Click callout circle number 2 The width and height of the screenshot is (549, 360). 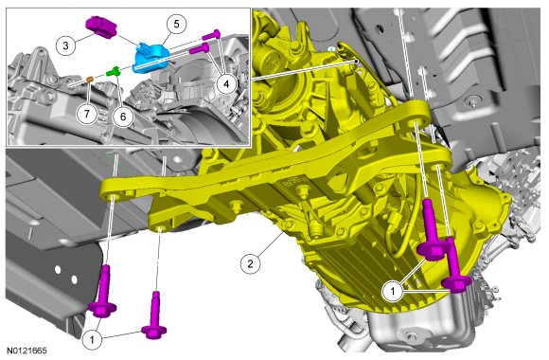pos(250,263)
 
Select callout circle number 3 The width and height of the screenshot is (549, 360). pos(65,45)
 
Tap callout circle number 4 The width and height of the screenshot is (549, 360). pos(226,84)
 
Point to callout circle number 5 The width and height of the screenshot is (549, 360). pos(176,25)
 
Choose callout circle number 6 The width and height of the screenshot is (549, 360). pos(123,117)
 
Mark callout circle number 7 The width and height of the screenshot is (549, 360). pos(86,113)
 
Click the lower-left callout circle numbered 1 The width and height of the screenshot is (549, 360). pos(92,339)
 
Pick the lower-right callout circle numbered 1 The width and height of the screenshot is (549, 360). pos(393,292)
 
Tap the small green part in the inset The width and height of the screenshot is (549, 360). pos(114,71)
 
